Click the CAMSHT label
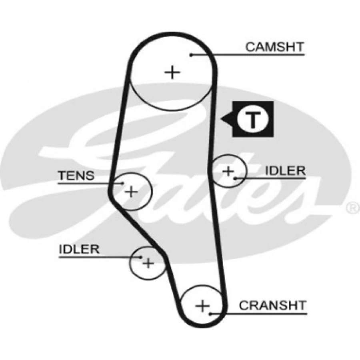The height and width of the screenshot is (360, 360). [x=274, y=47]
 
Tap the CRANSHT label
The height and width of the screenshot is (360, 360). [x=272, y=306]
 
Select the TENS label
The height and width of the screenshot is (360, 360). [x=76, y=175]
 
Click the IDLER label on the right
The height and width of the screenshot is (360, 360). [x=286, y=171]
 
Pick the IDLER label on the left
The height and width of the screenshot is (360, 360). [x=79, y=249]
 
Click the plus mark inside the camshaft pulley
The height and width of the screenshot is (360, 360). [x=172, y=72]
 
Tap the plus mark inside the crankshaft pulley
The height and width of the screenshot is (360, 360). [x=203, y=306]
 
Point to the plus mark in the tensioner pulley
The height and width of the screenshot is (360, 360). [x=131, y=192]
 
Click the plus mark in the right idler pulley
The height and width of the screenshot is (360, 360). [x=228, y=172]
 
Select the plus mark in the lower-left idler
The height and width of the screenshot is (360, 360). [x=148, y=263]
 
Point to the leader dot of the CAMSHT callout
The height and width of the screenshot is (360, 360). [x=192, y=55]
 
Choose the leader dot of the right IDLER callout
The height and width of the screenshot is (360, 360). [x=236, y=178]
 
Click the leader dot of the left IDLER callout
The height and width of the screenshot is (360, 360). [x=141, y=257]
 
